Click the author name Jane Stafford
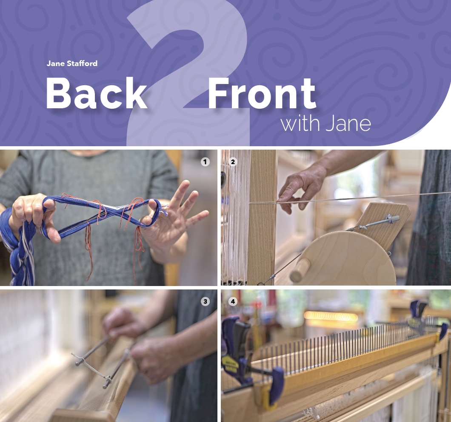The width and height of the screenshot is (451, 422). (72, 64)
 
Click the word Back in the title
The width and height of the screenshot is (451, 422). (97, 93)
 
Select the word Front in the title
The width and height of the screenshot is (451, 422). (262, 93)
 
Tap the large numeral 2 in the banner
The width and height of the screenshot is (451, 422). (187, 72)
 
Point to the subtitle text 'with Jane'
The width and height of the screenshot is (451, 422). (325, 123)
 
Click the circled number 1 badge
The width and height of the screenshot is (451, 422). (205, 162)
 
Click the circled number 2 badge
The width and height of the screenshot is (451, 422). (233, 162)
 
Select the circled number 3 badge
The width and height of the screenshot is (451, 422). (205, 301)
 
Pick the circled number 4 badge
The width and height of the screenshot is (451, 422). (233, 301)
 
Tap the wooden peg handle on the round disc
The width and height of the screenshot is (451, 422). (300, 270)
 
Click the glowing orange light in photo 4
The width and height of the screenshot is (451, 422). (331, 317)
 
